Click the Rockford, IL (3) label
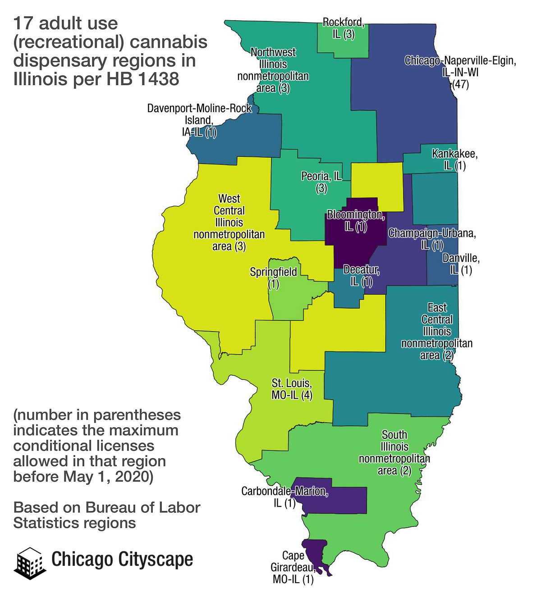(343, 28)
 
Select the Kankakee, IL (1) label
(454, 160)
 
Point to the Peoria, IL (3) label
(321, 182)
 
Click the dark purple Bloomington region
(356, 239)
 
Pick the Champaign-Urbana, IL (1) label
(432, 239)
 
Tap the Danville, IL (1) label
(461, 264)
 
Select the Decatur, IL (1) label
(361, 275)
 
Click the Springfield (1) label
(274, 278)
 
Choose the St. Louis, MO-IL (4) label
(292, 389)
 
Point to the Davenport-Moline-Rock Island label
(199, 120)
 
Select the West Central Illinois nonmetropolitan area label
(229, 222)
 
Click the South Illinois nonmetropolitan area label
(394, 452)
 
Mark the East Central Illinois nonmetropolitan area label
(437, 331)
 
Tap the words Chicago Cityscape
(122, 559)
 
